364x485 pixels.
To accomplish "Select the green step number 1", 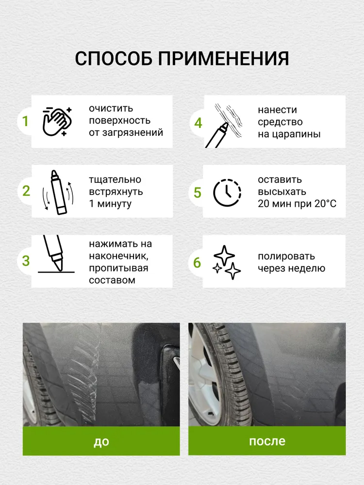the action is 25,121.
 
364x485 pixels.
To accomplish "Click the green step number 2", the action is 26,191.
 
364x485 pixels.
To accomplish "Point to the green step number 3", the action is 26,261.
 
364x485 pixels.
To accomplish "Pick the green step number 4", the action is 198,123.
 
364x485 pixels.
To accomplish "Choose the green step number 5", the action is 198,193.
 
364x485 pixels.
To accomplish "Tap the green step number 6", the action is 197,262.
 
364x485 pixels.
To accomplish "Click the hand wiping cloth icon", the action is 57,122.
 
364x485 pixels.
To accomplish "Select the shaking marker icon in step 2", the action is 58,192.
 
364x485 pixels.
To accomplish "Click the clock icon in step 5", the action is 227,193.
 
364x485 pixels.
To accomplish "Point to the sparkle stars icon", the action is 227,262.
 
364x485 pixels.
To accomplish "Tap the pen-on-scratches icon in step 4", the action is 223,126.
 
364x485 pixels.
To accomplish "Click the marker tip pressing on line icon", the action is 56,254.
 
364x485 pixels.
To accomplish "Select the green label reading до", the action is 101,441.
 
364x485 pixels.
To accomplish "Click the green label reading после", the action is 267,441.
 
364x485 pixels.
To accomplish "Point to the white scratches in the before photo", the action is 83,371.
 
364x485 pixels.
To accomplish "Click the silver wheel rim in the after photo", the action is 204,371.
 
